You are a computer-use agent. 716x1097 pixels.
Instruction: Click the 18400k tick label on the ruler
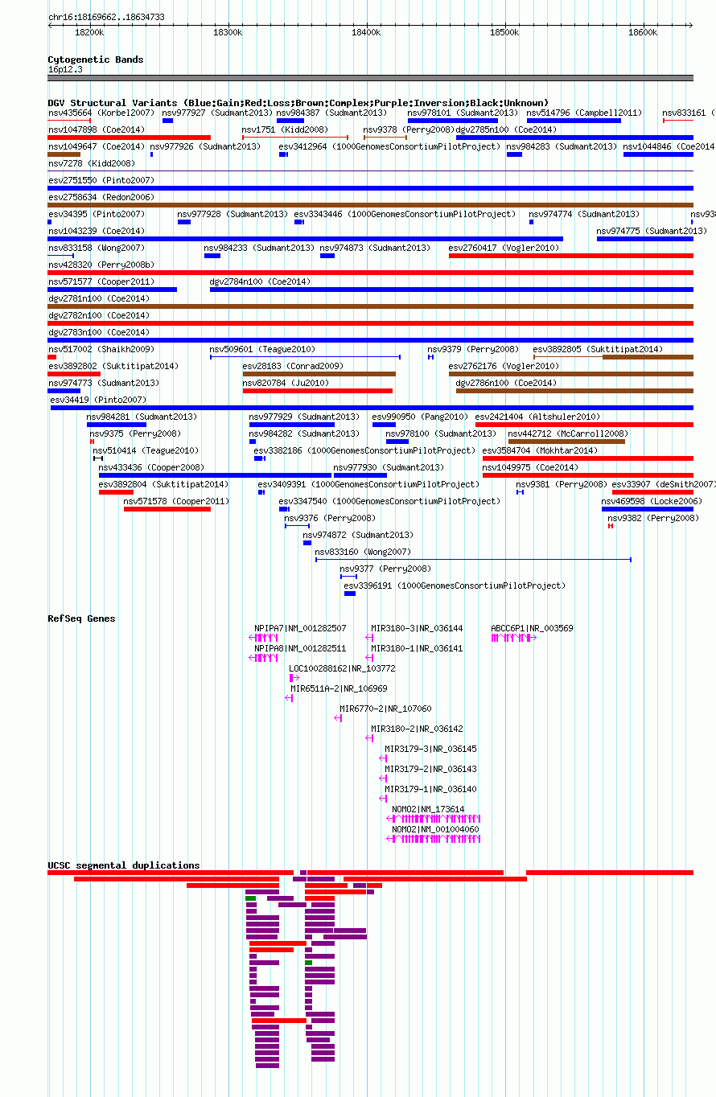366,32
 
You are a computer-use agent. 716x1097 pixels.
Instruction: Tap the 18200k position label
89,32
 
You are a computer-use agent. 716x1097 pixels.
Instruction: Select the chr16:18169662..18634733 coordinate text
106,17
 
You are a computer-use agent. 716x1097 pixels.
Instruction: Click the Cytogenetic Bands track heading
96,60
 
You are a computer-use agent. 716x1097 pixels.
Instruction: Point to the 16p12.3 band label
65,69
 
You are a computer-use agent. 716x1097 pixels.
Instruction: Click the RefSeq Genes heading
81,618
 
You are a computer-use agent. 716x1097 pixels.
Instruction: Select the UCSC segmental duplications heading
123,865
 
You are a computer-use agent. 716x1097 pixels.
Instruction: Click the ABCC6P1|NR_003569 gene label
532,628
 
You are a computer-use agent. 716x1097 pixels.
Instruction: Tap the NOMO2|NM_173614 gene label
428,810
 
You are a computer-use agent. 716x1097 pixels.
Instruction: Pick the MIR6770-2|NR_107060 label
385,709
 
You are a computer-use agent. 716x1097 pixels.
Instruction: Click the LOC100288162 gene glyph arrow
294,678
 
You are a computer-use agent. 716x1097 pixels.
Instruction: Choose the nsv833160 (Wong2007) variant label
363,552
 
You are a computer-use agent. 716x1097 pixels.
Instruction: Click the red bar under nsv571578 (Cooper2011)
167,509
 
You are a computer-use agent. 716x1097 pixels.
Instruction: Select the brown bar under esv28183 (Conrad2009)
319,374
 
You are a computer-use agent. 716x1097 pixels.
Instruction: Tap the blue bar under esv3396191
350,594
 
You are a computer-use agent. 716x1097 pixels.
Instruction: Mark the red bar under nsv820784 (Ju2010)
317,391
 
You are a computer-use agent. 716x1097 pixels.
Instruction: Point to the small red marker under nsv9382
611,526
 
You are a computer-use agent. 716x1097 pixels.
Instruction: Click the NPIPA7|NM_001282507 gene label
300,628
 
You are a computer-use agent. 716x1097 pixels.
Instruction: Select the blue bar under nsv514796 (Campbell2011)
574,121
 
